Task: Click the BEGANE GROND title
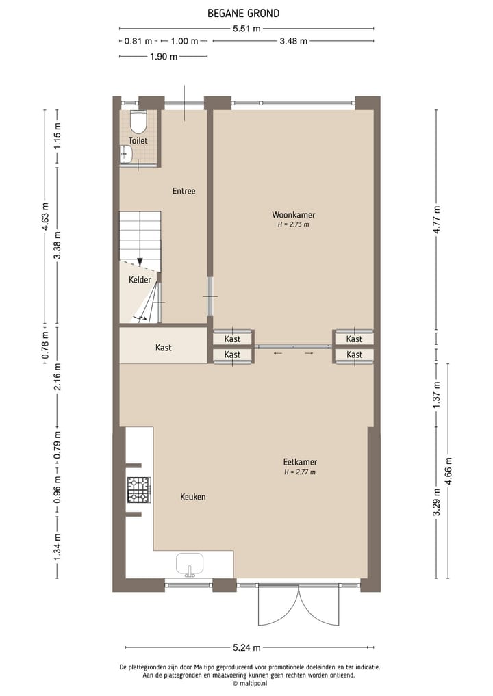(243, 13)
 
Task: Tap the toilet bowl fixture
(138, 123)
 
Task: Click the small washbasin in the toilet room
(125, 155)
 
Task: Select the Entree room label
(184, 191)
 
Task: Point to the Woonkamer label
(293, 215)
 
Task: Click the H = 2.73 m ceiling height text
(293, 224)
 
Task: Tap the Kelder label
(140, 280)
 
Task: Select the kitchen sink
(190, 565)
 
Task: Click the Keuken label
(193, 497)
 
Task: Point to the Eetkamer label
(300, 462)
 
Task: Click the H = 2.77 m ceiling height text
(300, 472)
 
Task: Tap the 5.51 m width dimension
(246, 29)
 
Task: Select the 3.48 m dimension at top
(293, 41)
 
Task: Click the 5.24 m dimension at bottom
(246, 647)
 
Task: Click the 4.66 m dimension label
(448, 470)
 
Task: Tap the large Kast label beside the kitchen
(164, 348)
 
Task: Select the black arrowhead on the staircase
(140, 261)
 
